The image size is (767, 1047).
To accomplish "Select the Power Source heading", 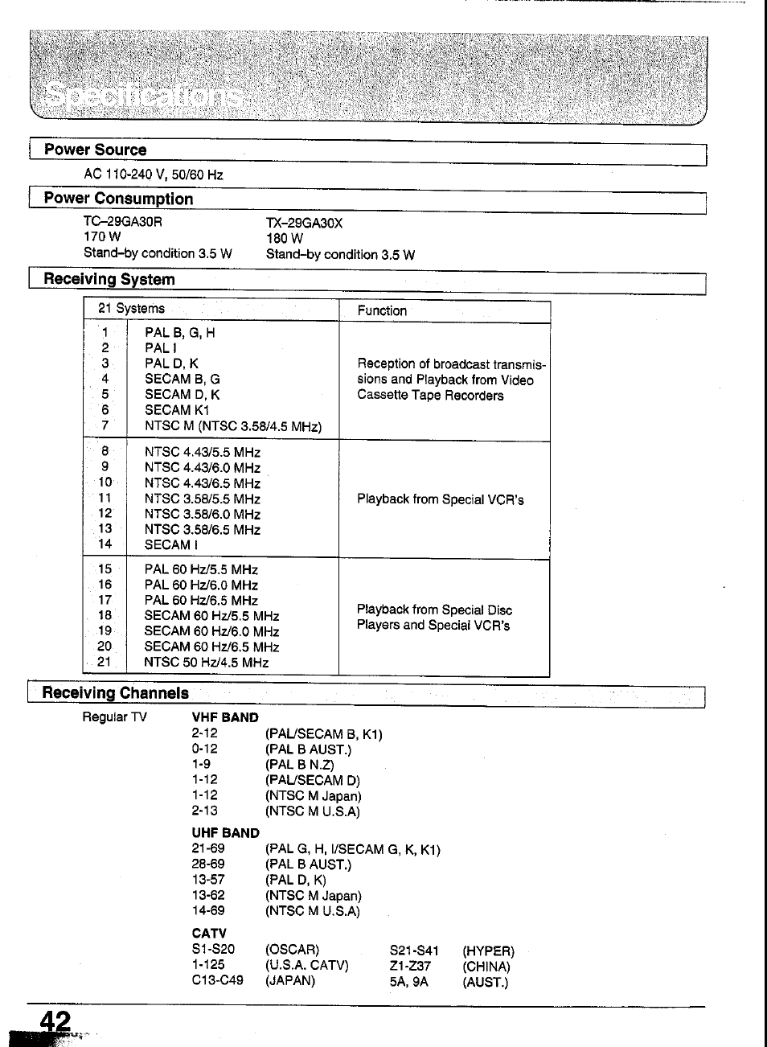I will click(95, 150).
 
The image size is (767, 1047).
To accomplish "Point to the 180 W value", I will click(285, 238).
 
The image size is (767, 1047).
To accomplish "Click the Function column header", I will click(382, 310).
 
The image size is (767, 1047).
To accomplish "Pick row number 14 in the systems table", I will click(105, 544).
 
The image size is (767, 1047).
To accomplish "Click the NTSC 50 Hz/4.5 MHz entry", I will click(206, 663).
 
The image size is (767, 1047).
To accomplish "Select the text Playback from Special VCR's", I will click(440, 499).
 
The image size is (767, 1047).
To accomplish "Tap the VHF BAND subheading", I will click(225, 717).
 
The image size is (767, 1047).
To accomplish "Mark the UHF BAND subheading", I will click(225, 833).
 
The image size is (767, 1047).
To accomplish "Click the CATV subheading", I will click(209, 934).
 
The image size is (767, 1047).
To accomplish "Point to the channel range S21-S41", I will click(414, 951).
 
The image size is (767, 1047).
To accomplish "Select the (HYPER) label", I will click(488, 951).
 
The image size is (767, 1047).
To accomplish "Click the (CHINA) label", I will click(486, 967).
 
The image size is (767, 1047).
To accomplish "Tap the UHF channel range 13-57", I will click(208, 880).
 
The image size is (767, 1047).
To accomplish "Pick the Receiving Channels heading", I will click(116, 693).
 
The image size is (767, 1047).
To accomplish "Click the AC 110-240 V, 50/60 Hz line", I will click(153, 174).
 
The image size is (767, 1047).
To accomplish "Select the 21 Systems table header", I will click(131, 309).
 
